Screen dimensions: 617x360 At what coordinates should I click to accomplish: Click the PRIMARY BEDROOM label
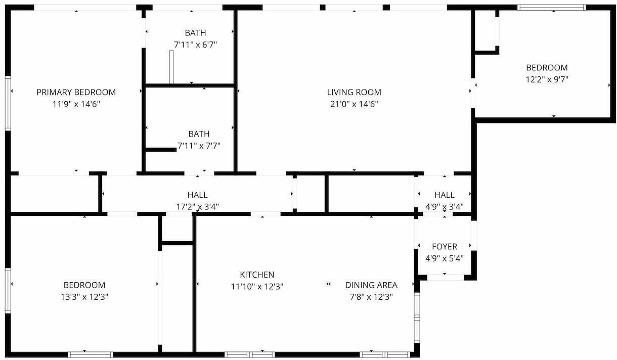(x=76, y=92)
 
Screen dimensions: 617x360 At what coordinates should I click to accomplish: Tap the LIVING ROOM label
(x=354, y=92)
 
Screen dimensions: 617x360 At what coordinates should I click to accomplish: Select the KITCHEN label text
(x=257, y=275)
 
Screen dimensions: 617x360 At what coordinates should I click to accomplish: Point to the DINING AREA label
(x=371, y=285)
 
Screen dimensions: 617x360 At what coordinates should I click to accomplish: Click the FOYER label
(x=445, y=247)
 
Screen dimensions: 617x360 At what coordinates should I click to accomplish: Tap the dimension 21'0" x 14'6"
(x=354, y=104)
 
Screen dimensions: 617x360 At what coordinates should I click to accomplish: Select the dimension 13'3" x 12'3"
(x=84, y=297)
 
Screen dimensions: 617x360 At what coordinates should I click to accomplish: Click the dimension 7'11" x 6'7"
(x=196, y=44)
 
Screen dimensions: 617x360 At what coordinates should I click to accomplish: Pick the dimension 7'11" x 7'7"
(x=199, y=146)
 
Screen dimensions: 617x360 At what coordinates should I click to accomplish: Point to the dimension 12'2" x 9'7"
(x=547, y=79)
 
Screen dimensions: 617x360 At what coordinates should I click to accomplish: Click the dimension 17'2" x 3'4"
(x=198, y=207)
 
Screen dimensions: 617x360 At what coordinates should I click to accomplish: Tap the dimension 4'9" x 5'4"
(x=445, y=258)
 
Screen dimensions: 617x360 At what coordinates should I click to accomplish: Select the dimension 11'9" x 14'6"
(x=76, y=104)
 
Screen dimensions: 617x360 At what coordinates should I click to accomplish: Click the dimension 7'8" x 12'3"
(x=371, y=297)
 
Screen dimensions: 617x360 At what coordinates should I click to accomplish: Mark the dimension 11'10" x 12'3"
(x=257, y=287)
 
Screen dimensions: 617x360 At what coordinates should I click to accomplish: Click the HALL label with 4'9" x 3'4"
(x=445, y=195)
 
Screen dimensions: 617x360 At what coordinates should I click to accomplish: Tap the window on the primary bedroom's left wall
(x=8, y=103)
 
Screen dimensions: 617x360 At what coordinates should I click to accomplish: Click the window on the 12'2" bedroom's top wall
(x=552, y=8)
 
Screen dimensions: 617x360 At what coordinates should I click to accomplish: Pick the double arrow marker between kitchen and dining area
(x=328, y=284)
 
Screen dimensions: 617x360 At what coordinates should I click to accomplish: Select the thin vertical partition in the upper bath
(x=171, y=67)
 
